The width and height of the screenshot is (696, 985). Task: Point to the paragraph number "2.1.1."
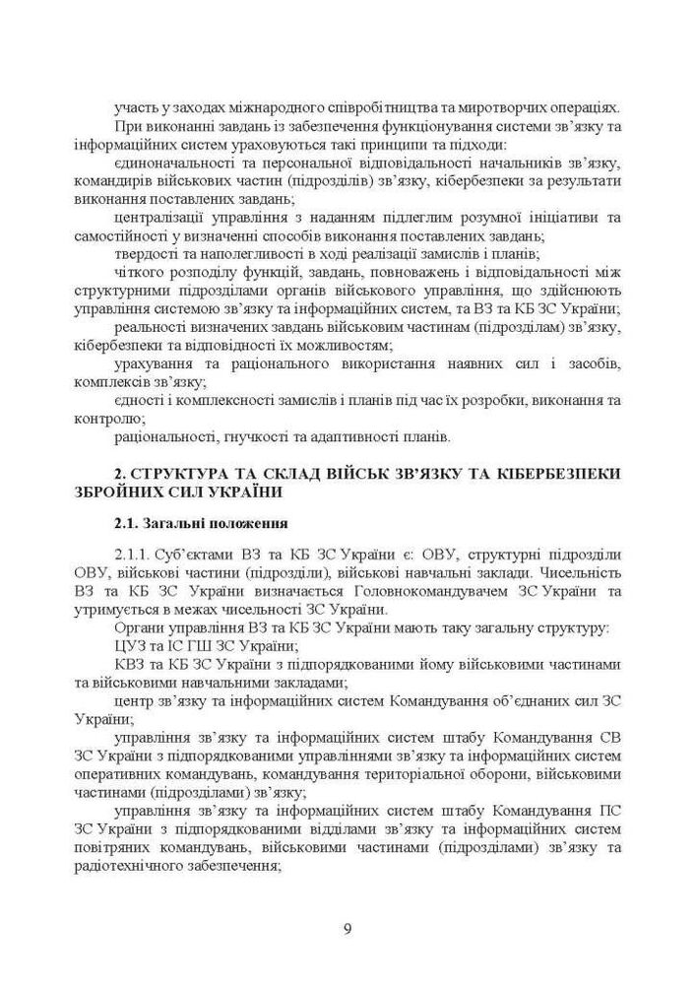pyautogui.click(x=135, y=555)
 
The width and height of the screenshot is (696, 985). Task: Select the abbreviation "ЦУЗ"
pyautogui.click(x=129, y=646)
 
